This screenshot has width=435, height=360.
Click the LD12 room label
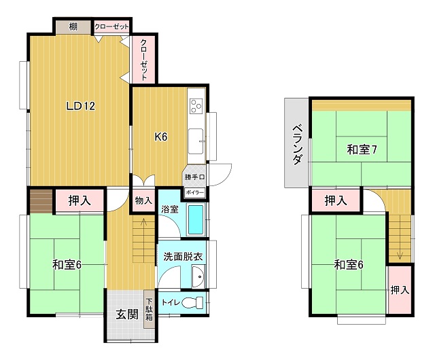coord(81,106)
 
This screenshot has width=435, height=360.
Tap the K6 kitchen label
coord(161,137)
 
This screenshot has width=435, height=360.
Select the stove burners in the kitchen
coord(196,106)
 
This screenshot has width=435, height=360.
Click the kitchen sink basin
coord(196,141)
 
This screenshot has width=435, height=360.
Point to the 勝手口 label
coord(195,177)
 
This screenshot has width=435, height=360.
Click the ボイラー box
coord(195,192)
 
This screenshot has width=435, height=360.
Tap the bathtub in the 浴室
coord(196,219)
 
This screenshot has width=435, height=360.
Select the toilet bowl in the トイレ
coord(192,302)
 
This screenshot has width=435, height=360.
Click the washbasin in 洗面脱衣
coord(198,277)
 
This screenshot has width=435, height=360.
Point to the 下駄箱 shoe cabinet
coord(150,309)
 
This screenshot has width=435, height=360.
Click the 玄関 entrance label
coord(127,314)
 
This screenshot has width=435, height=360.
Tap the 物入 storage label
coord(143,200)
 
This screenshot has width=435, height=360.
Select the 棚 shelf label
coord(73,27)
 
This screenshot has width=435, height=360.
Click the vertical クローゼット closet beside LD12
coord(143,60)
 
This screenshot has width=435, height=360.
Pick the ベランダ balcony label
coord(298,144)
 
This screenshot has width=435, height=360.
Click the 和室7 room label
coord(362,149)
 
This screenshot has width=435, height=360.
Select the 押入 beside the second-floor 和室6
coord(400,290)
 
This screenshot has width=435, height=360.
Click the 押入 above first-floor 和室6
coord(80,200)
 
